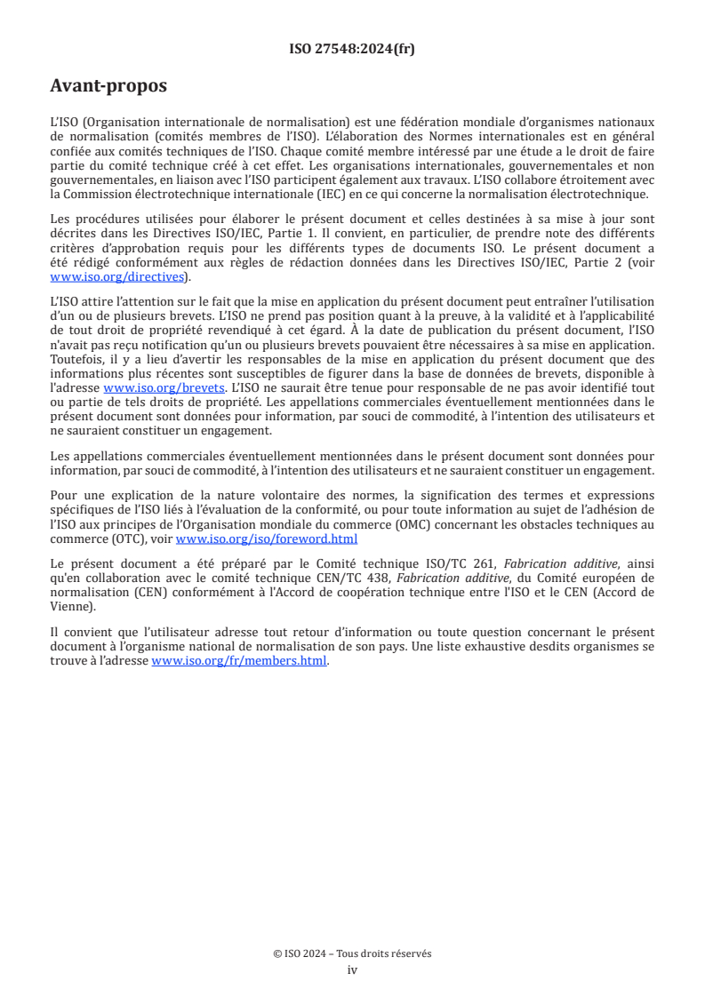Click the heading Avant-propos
108,86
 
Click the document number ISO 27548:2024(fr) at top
352,50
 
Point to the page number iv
352,969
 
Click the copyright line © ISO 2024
352,953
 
